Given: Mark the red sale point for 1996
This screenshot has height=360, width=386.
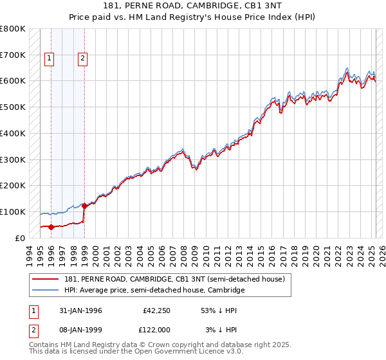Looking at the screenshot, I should [x=51, y=226].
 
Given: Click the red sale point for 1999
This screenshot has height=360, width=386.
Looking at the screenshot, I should [x=84, y=206].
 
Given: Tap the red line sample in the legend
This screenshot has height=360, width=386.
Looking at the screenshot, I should [x=46, y=279].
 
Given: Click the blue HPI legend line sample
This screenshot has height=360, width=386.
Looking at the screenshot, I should [x=46, y=291].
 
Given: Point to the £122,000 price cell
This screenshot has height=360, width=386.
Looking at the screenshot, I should [x=156, y=330].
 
